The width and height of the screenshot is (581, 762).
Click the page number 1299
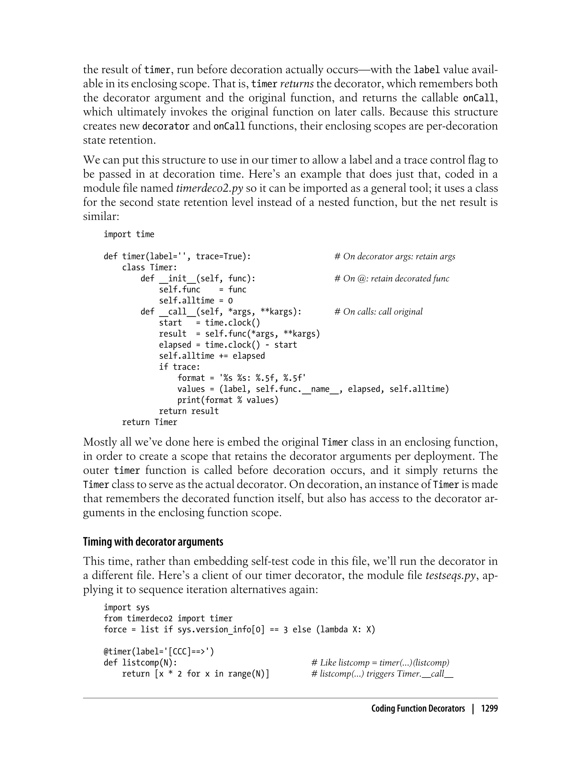click(489, 709)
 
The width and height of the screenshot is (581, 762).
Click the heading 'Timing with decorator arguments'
click(153, 541)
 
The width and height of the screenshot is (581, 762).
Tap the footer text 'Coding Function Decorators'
click(418, 709)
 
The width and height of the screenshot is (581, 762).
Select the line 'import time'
click(129, 234)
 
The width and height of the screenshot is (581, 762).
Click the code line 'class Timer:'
click(150, 268)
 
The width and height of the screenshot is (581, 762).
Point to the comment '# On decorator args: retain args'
click(395, 257)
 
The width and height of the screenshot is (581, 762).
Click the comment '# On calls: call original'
click(378, 312)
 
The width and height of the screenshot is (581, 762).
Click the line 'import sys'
click(127, 608)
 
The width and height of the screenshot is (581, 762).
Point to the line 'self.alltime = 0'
click(196, 301)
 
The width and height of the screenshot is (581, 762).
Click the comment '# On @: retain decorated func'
click(391, 279)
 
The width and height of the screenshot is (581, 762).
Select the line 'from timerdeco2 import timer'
click(168, 619)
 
